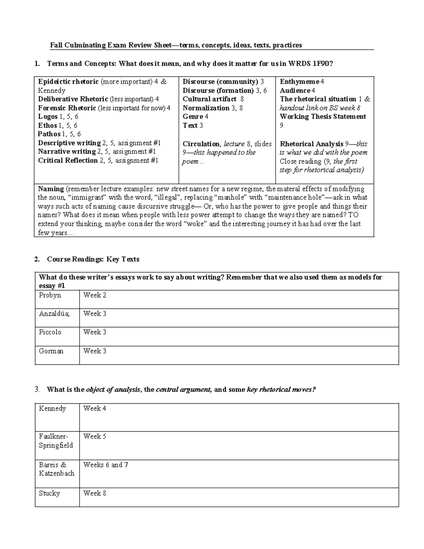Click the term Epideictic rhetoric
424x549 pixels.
click(x=68, y=82)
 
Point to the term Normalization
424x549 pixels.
click(x=206, y=108)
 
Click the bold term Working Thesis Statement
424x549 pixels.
click(x=323, y=117)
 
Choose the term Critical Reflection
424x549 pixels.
click(x=68, y=160)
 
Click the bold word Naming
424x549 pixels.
click(x=51, y=189)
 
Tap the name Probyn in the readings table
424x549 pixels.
click(x=50, y=295)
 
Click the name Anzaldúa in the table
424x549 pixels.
click(x=54, y=314)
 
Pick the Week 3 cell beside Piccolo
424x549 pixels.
click(x=95, y=332)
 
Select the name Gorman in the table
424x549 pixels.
click(x=51, y=351)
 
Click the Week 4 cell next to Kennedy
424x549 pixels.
click(x=95, y=409)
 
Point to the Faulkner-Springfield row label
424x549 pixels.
click(x=56, y=441)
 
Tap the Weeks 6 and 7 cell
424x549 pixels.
click(x=106, y=465)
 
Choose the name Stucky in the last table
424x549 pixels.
click(x=49, y=493)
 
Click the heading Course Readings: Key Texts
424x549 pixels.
click(x=93, y=259)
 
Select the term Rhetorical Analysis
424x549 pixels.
click(x=311, y=144)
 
